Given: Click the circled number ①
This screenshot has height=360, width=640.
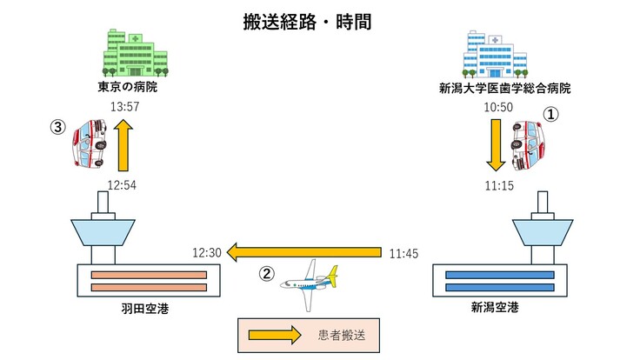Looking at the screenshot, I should click(550, 113).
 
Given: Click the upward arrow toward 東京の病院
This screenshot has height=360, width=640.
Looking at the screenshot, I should click(123, 147).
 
